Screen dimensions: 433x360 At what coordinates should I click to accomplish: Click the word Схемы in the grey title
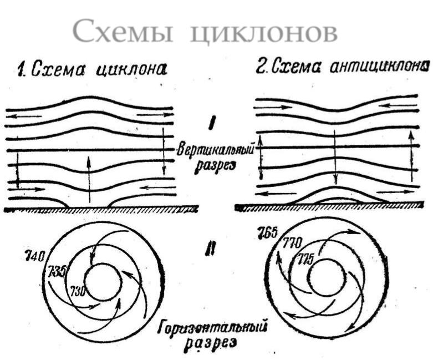point(123,31)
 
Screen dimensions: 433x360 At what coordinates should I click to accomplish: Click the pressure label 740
point(34,256)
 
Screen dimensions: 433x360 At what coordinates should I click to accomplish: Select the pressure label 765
point(267,232)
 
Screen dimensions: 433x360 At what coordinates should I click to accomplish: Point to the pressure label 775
point(305,260)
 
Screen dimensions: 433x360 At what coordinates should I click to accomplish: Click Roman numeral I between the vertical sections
point(212,124)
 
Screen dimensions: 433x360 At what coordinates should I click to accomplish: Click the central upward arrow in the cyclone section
point(89,180)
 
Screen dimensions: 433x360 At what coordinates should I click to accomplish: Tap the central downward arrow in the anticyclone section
point(335,157)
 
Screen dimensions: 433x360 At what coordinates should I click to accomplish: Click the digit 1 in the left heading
point(21,70)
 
